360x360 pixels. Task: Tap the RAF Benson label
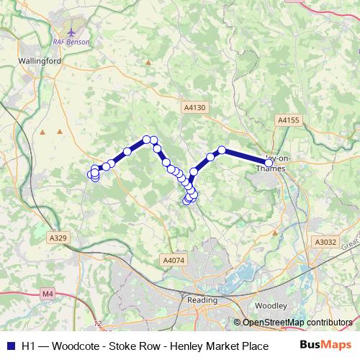tap(75, 42)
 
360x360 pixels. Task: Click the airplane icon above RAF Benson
tap(71, 32)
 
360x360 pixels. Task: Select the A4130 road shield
tap(194, 107)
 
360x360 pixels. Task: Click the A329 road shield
tap(58, 237)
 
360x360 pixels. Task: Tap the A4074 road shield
tap(174, 260)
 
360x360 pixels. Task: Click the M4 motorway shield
tap(48, 293)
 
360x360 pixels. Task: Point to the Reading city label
tap(202, 300)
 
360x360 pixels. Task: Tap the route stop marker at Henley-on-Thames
tap(269, 163)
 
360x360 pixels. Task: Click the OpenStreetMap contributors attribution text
tap(297, 323)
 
